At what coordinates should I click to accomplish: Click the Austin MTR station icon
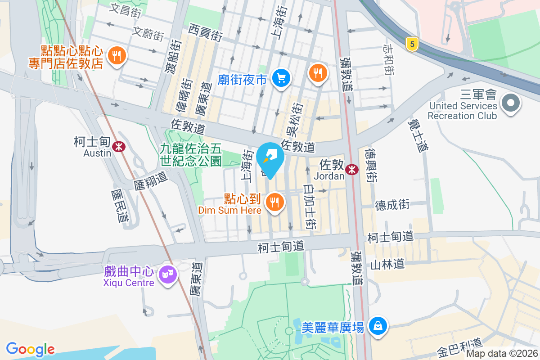[119, 146]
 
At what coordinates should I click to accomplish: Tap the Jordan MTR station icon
[352, 169]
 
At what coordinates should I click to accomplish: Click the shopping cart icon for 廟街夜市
[282, 79]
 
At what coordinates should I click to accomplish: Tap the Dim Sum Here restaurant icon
[274, 202]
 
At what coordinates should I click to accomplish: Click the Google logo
[30, 349]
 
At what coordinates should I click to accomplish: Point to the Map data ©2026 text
[501, 353]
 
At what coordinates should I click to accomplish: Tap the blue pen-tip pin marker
[270, 158]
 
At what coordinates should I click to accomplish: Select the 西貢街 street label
[206, 33]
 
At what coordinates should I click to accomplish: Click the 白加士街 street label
[310, 207]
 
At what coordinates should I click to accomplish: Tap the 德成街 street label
[392, 205]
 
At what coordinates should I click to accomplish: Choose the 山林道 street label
[387, 264]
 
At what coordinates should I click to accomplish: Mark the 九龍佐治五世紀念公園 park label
[191, 154]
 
